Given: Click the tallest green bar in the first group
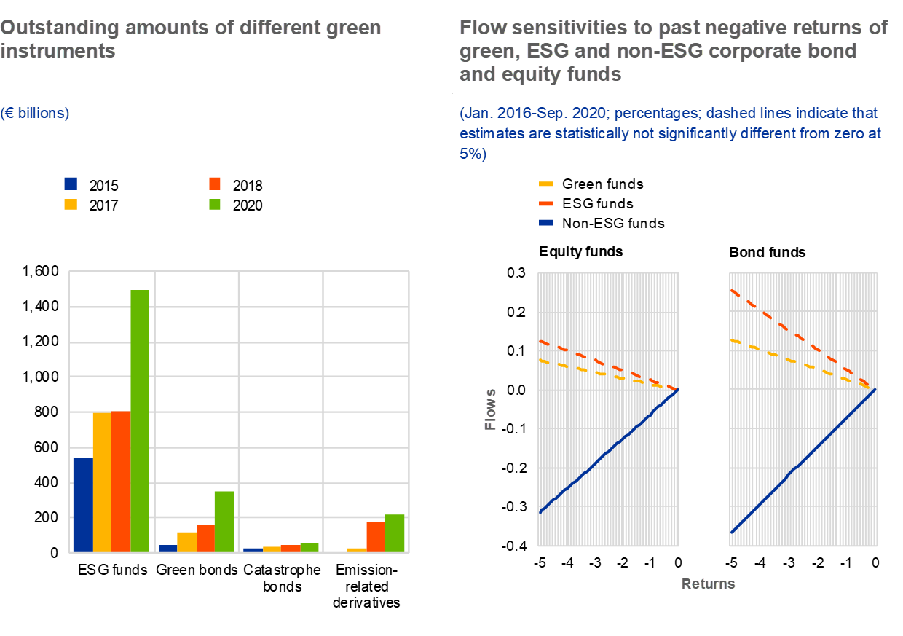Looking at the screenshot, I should click(x=139, y=420).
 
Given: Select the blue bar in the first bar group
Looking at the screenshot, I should click(x=82, y=504).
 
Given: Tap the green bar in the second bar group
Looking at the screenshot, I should click(x=224, y=521).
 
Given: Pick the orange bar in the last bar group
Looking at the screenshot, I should click(x=375, y=536).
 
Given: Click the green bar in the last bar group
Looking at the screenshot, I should click(x=394, y=533).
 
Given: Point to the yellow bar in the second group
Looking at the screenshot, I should click(x=186, y=541).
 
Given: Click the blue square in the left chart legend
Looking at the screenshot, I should click(x=71, y=184).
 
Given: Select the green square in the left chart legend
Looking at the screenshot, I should click(x=215, y=204).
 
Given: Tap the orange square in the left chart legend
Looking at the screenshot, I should click(x=215, y=184).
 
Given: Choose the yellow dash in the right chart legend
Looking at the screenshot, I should click(x=545, y=184).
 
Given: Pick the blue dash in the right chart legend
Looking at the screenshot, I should click(x=545, y=222).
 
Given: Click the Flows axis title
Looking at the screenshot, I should click(x=491, y=409).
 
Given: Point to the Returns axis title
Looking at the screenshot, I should click(x=708, y=584).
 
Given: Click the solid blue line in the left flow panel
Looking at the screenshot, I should click(x=609, y=451).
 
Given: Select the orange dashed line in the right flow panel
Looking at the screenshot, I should click(x=801, y=338).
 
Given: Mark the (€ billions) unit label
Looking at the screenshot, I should click(x=35, y=113).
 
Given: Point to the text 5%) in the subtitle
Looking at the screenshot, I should click(x=473, y=154).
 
